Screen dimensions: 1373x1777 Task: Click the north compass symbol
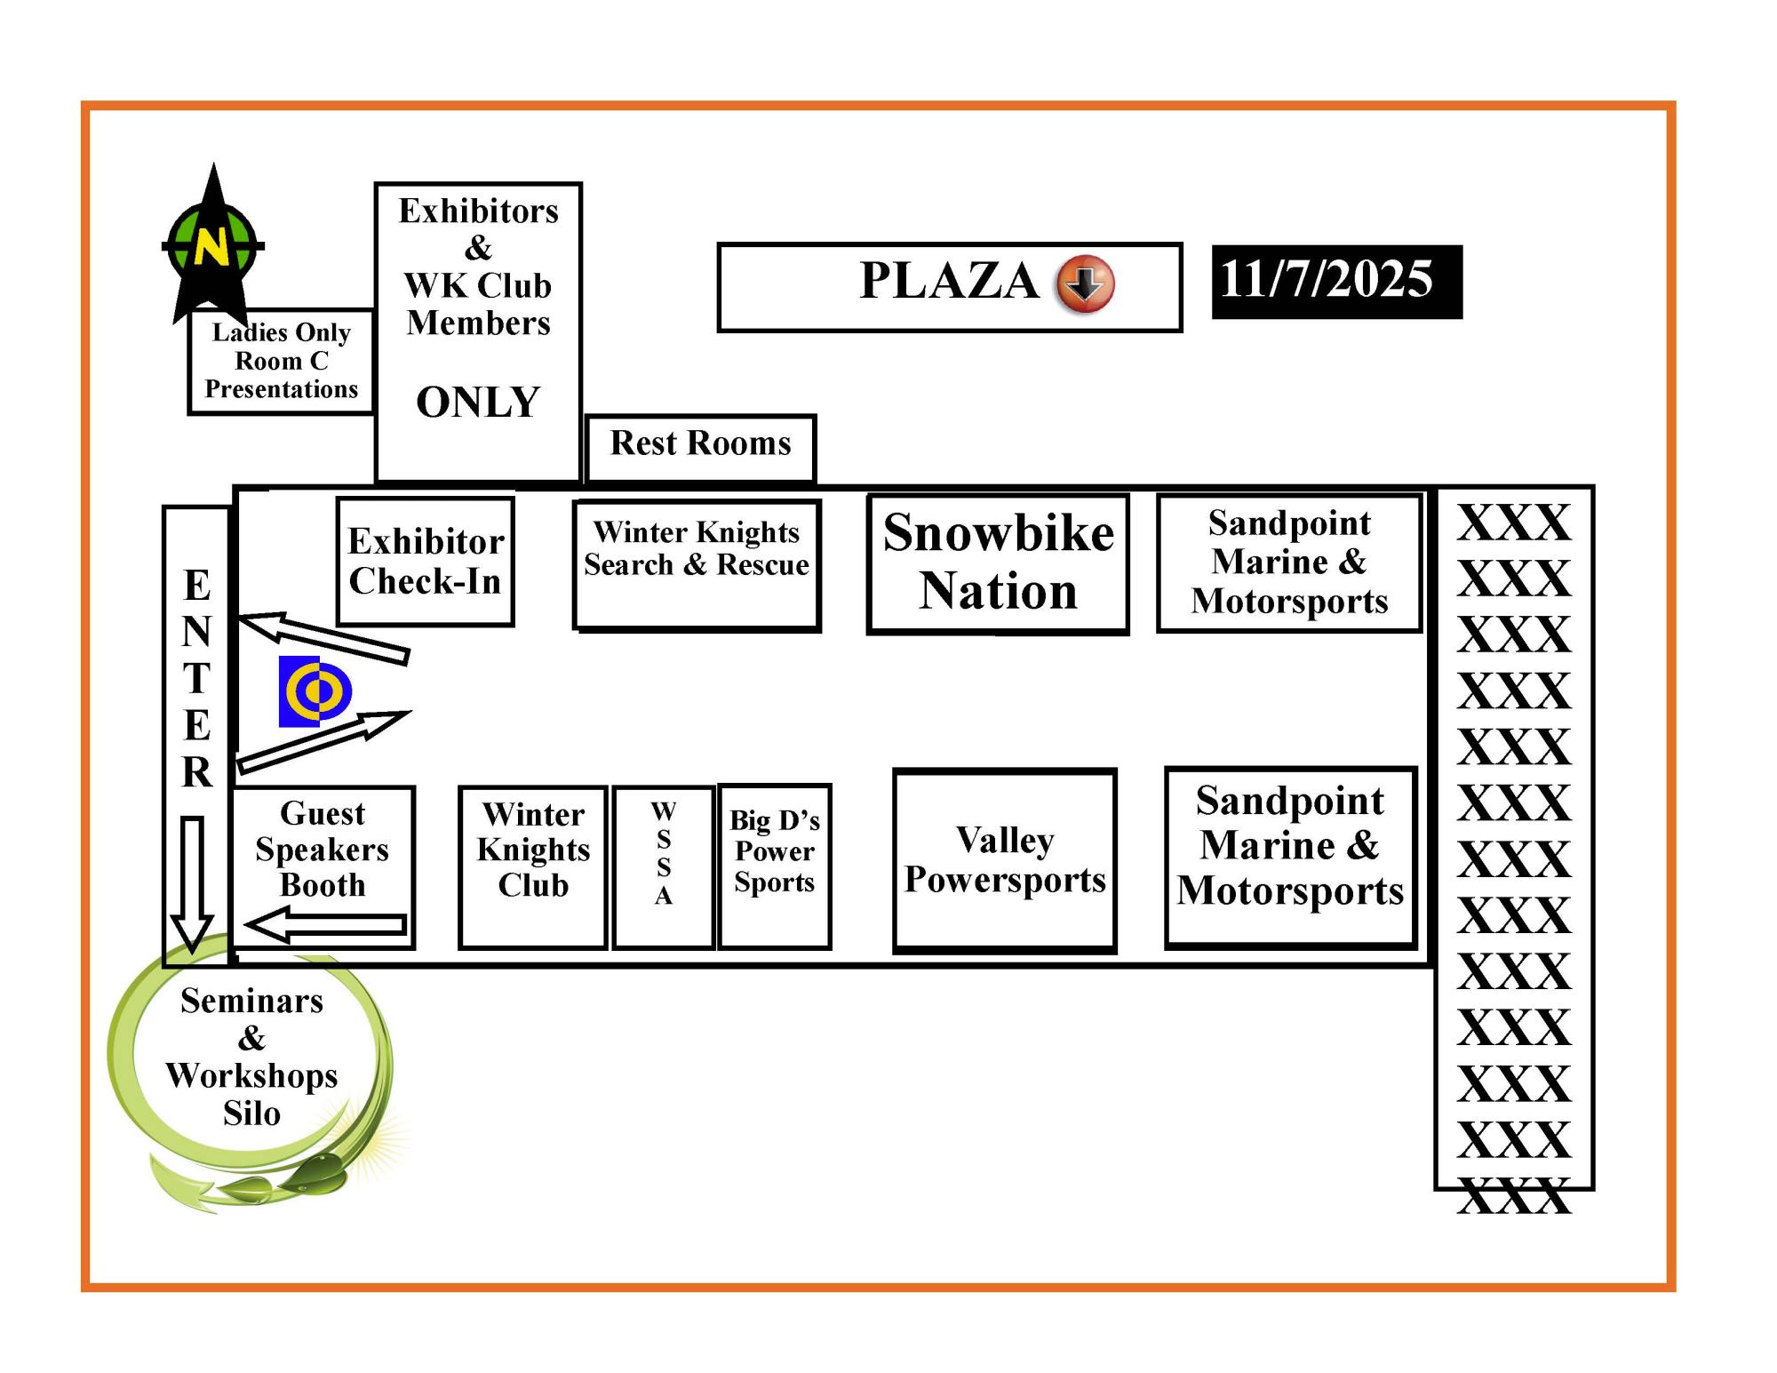click(212, 244)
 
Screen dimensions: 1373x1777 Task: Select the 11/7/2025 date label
click(1335, 281)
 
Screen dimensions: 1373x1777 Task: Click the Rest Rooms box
click(700, 445)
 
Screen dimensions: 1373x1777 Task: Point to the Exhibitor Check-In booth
click(426, 562)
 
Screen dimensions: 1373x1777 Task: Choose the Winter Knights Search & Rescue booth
click(697, 564)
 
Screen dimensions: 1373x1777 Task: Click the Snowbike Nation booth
click(998, 563)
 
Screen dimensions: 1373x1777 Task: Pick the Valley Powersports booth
click(1005, 860)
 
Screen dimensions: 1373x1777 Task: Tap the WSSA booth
click(664, 866)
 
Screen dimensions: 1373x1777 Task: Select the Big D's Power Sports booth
click(775, 866)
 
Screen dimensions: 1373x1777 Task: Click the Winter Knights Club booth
click(533, 866)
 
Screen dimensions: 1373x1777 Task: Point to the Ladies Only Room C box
click(282, 362)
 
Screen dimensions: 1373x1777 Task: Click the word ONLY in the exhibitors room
click(478, 403)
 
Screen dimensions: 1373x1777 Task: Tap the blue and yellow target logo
click(315, 691)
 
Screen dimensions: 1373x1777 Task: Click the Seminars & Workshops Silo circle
click(251, 1058)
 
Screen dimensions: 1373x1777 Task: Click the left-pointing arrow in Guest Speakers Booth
click(326, 924)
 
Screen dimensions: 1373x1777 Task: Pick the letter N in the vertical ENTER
click(197, 632)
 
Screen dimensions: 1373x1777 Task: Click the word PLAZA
click(949, 281)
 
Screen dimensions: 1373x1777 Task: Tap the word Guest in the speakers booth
click(323, 813)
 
